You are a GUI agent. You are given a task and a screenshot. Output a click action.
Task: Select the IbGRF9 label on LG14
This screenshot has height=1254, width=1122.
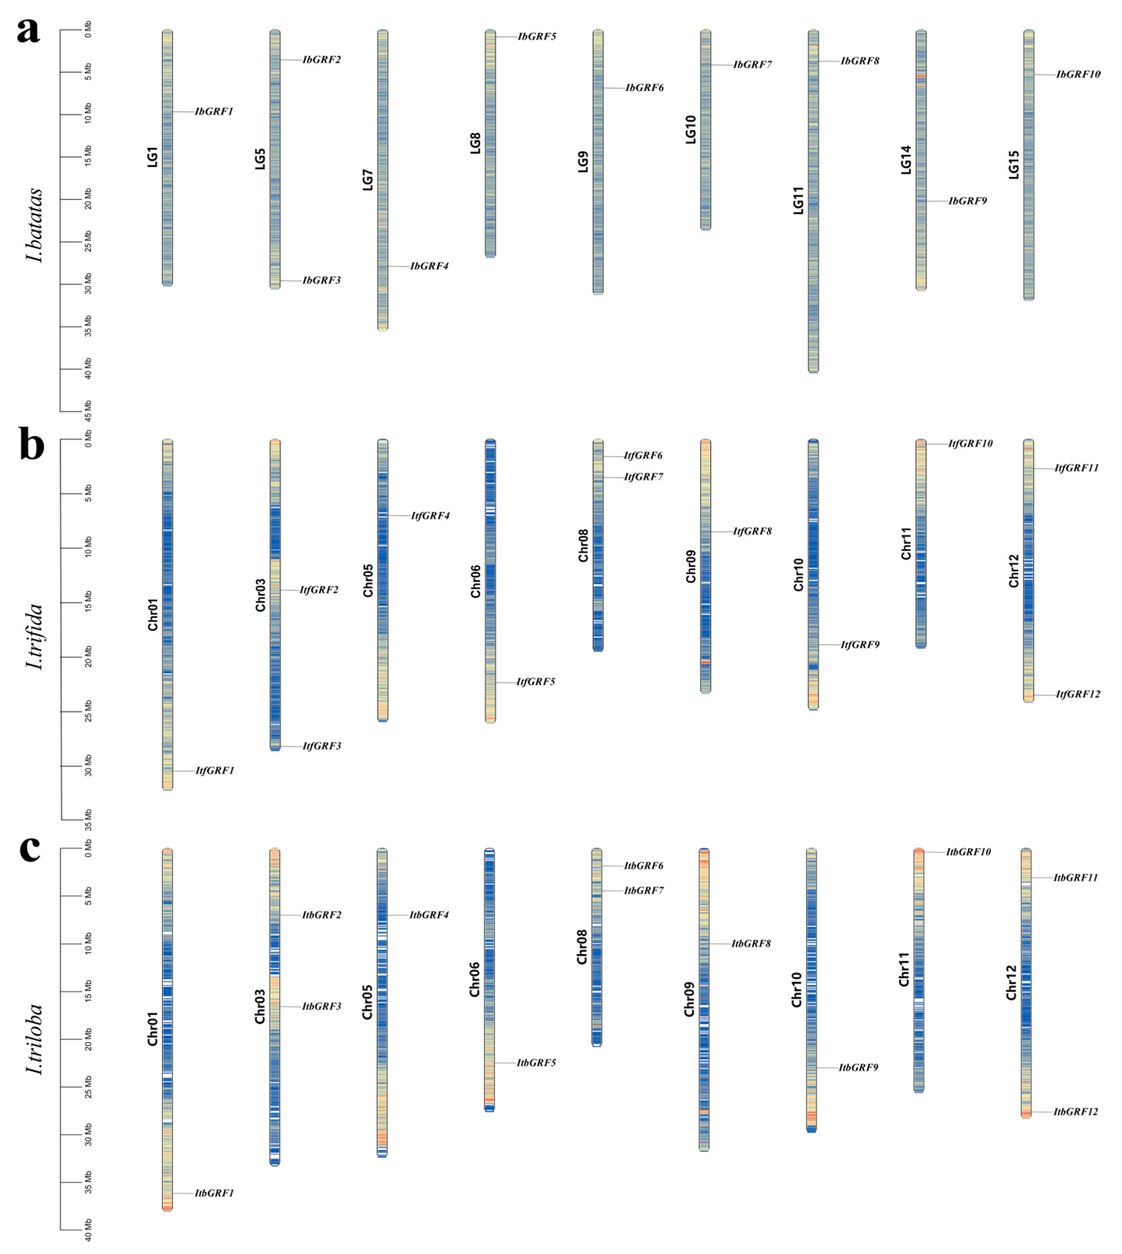click(967, 201)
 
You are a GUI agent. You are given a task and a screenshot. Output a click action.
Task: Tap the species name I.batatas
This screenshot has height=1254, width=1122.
click(35, 225)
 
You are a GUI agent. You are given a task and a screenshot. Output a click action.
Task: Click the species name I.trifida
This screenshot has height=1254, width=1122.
click(35, 637)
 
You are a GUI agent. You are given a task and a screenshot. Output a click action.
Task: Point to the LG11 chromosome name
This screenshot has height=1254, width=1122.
click(798, 200)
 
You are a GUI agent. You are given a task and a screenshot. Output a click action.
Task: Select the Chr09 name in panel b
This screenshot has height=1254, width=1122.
click(691, 566)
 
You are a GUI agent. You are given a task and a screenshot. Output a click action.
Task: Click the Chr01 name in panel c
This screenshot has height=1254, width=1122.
click(152, 1029)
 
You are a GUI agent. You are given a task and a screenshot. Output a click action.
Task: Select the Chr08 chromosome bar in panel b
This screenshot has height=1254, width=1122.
click(597, 545)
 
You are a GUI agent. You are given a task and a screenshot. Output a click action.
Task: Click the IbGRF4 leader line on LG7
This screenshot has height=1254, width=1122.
click(398, 266)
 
